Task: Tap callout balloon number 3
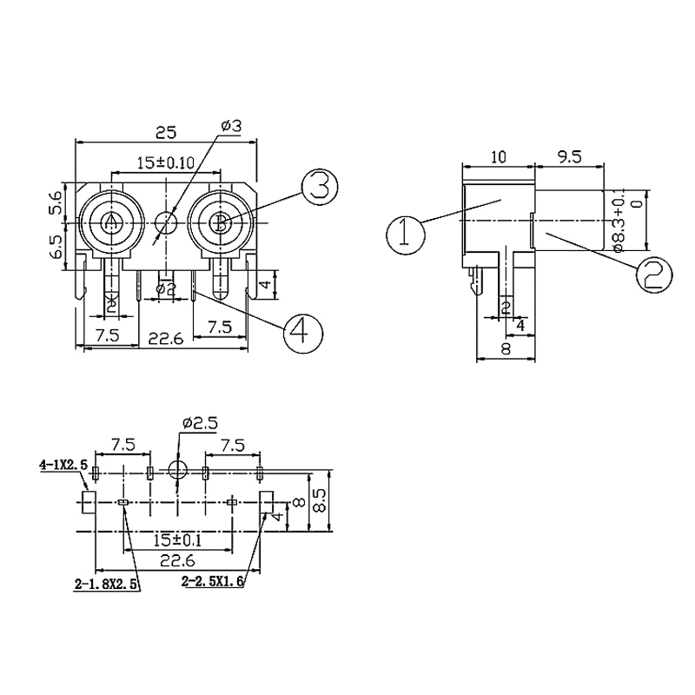tap(319, 187)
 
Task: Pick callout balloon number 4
tap(301, 331)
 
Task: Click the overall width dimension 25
tap(166, 132)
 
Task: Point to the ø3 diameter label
tap(231, 127)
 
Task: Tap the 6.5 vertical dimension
tap(56, 248)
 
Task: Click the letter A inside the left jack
tap(110, 222)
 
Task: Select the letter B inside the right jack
tap(222, 222)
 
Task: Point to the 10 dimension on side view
tap(499, 157)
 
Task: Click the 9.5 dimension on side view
tap(569, 157)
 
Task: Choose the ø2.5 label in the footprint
tap(199, 425)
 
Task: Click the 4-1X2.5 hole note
tap(63, 465)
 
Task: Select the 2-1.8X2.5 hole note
tap(106, 585)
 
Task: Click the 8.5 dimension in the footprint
tap(321, 500)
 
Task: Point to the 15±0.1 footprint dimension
tap(176, 539)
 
